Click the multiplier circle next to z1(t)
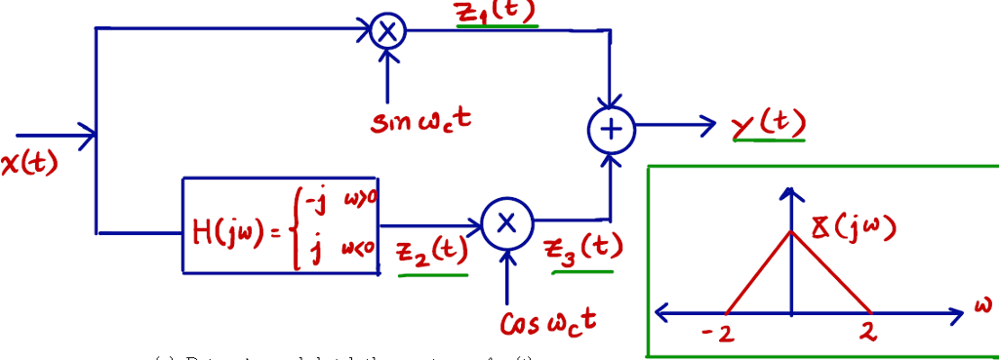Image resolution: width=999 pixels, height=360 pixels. click(x=387, y=31)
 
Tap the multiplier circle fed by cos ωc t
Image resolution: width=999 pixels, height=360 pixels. click(x=505, y=223)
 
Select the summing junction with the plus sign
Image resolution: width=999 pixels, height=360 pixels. click(x=611, y=129)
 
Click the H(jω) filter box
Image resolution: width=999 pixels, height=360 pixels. click(x=280, y=225)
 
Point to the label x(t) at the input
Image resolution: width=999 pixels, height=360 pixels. click(x=29, y=163)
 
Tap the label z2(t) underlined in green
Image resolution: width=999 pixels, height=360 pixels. click(x=430, y=252)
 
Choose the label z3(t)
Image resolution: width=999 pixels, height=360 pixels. click(x=584, y=248)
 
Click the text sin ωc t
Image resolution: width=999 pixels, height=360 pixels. click(x=420, y=122)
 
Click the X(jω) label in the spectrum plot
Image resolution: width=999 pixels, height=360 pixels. click(x=853, y=228)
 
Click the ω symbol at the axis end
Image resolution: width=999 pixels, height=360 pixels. click(x=981, y=305)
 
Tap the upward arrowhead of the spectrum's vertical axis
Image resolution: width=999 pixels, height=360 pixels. click(x=792, y=192)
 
